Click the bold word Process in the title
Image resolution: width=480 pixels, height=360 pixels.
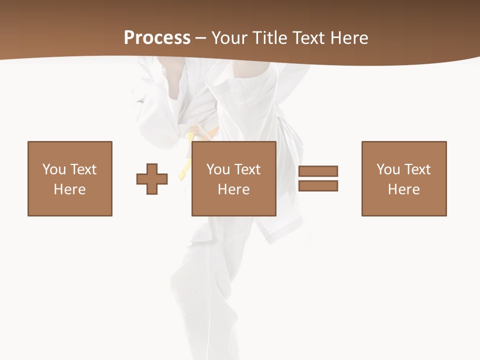(x=157, y=38)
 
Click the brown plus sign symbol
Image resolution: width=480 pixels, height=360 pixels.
(x=152, y=179)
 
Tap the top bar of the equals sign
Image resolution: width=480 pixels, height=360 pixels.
(x=318, y=171)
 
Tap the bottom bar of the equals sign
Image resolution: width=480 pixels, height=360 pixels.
(x=318, y=185)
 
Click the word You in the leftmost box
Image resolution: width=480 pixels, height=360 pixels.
(x=54, y=169)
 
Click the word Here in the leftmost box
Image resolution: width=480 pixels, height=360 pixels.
(x=69, y=189)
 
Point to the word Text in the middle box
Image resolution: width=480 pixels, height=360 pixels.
(x=247, y=169)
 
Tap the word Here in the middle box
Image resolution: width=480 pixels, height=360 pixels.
(x=233, y=189)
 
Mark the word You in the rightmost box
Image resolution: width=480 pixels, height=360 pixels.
(x=388, y=169)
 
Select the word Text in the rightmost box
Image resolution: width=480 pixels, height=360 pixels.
(x=417, y=169)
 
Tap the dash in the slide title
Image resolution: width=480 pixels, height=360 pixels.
(x=201, y=38)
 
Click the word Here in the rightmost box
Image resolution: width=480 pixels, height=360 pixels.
(x=403, y=189)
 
